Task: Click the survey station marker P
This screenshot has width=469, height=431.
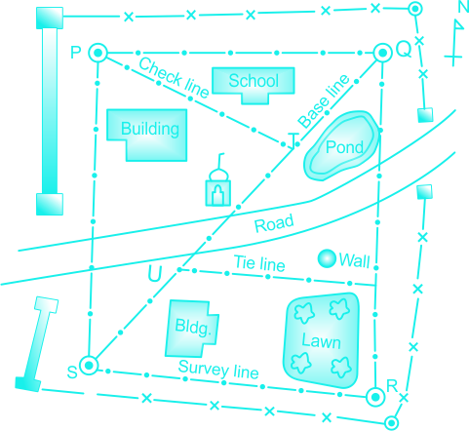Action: tap(98, 53)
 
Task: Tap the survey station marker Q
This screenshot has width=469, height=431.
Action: tap(382, 53)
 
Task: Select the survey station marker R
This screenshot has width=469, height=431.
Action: tap(375, 397)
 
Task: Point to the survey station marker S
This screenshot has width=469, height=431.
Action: tap(89, 366)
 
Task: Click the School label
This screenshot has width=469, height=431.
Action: tap(254, 81)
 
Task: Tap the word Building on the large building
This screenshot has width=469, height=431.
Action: tap(150, 129)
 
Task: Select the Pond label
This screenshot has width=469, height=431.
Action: tap(344, 147)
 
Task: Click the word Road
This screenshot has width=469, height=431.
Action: tap(274, 223)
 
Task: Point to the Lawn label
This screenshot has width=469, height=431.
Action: tap(321, 340)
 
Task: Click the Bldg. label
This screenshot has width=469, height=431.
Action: tap(193, 327)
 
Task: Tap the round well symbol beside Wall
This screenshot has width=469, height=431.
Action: tap(327, 258)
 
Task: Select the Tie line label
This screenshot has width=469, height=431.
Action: tap(259, 263)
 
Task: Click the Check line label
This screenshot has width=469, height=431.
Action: tap(174, 78)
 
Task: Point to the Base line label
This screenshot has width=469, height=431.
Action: tap(324, 101)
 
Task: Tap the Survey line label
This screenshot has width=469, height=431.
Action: tap(218, 370)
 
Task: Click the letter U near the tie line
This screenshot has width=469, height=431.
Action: tap(155, 273)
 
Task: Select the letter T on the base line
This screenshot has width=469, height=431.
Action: tap(293, 140)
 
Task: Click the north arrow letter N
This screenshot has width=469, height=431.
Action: tap(463, 7)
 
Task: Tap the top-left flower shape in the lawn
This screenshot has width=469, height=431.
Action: tap(304, 313)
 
